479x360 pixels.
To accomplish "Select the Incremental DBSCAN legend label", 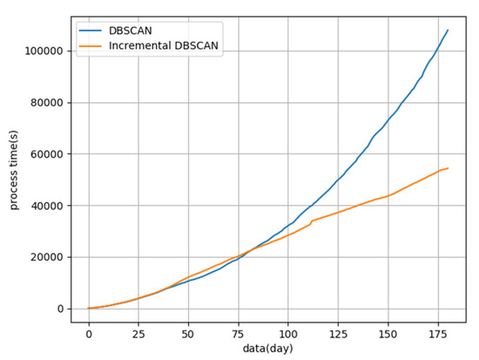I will (x=166, y=46).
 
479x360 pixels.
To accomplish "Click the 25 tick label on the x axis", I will (x=138, y=334).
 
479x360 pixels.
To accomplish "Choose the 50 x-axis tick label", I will (x=188, y=334).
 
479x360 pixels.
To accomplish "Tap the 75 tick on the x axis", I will (x=238, y=334).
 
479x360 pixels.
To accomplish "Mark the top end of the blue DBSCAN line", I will (x=448, y=30).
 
